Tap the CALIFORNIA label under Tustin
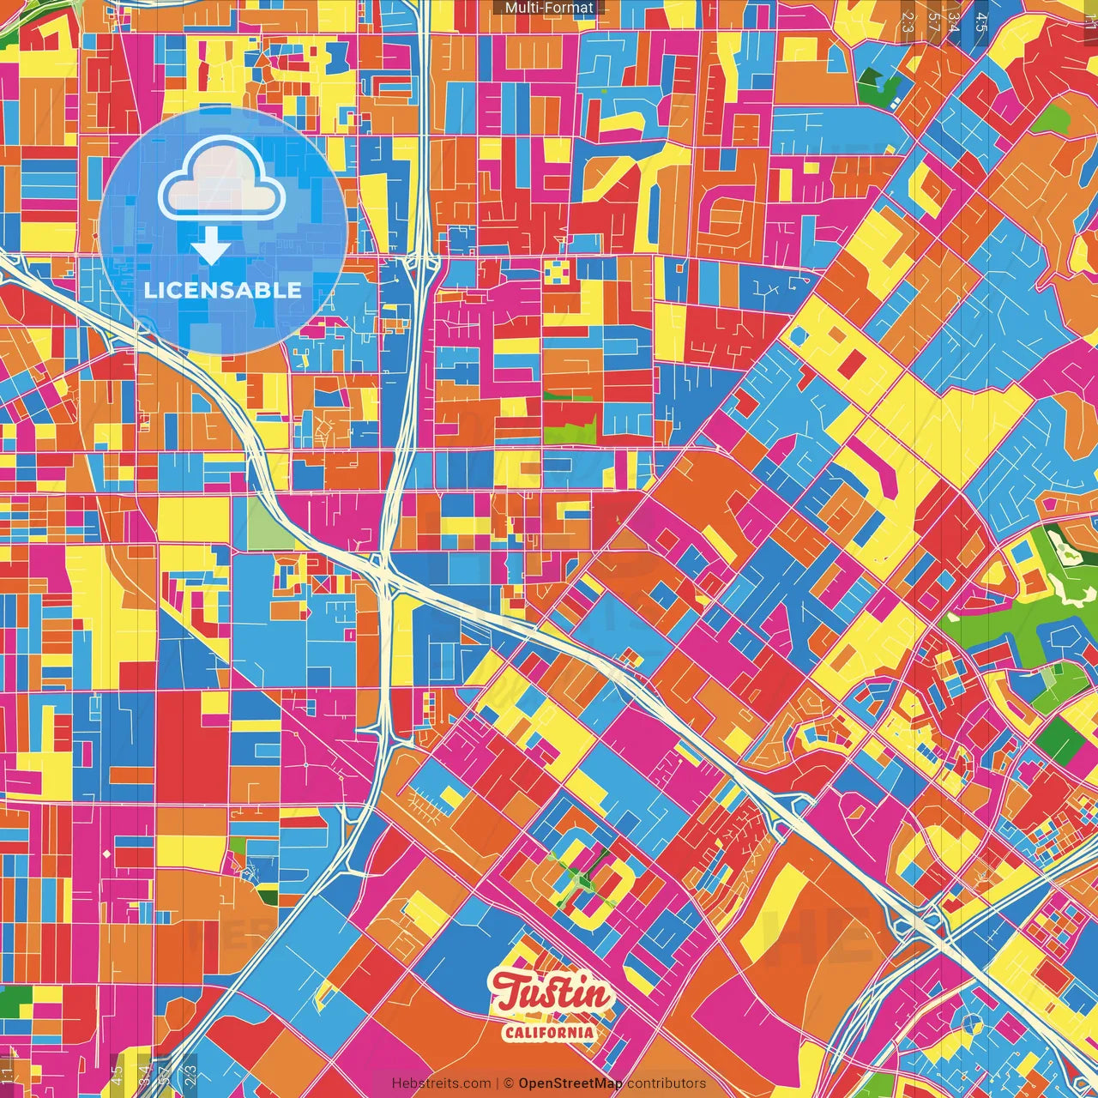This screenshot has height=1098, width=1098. (549, 1031)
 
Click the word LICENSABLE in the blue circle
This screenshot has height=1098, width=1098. (223, 290)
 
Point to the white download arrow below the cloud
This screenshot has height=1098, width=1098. (211, 247)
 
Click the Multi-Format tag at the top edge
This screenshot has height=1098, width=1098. (549, 8)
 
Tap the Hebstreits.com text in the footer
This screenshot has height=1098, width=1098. (441, 1083)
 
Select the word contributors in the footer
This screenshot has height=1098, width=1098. (667, 1083)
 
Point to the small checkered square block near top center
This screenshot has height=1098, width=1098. (556, 273)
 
